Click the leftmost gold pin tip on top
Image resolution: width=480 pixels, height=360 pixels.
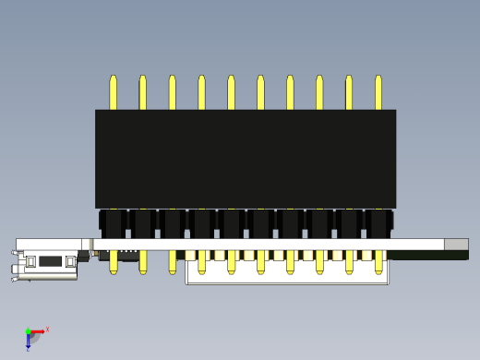[x=114, y=91]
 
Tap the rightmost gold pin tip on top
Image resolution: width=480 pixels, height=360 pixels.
[x=378, y=91]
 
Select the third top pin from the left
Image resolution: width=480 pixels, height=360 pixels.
[x=173, y=91]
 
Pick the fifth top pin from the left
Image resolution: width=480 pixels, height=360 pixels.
[x=232, y=91]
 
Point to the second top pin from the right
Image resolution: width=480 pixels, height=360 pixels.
[x=349, y=91]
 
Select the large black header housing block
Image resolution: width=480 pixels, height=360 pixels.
[x=246, y=159]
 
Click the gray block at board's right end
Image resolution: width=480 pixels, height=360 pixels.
[x=456, y=245]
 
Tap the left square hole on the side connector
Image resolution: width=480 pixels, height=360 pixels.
[x=30, y=262]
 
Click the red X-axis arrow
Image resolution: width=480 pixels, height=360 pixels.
[x=38, y=331]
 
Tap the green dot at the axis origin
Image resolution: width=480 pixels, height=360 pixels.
[x=28, y=331]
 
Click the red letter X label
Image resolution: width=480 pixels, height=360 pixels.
[x=47, y=329]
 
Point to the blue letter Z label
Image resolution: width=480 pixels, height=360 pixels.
[x=28, y=350]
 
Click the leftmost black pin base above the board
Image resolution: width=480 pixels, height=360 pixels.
[x=113, y=224]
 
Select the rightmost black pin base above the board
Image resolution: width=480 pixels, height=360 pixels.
[x=378, y=224]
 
